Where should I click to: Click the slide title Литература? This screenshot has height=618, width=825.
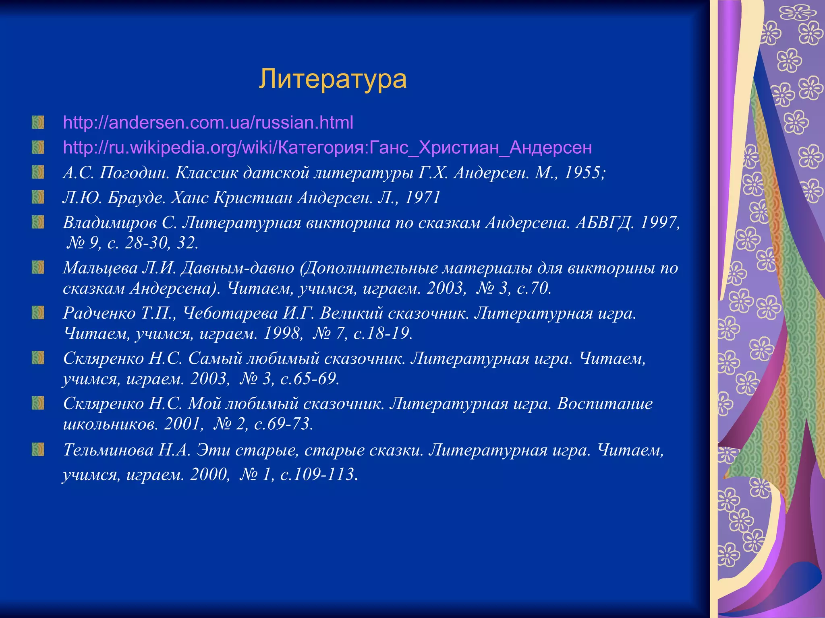pyautogui.click(x=332, y=79)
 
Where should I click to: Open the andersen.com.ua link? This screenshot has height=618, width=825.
pyautogui.click(x=208, y=122)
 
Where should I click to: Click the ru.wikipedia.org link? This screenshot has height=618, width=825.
pyautogui.click(x=327, y=147)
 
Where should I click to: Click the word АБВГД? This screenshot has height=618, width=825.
pyautogui.click(x=605, y=222)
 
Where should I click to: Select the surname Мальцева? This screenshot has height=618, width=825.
pyautogui.click(x=100, y=268)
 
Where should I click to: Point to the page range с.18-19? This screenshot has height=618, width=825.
pyautogui.click(x=383, y=333)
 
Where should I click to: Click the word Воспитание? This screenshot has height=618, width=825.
pyautogui.click(x=605, y=403)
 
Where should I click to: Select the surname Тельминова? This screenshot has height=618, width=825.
pyautogui.click(x=108, y=450)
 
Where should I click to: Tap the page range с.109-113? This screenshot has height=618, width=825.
pyautogui.click(x=318, y=474)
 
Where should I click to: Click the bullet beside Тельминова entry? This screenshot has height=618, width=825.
pyautogui.click(x=38, y=449)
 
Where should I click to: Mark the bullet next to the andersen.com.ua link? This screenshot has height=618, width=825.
pyautogui.click(x=38, y=122)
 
